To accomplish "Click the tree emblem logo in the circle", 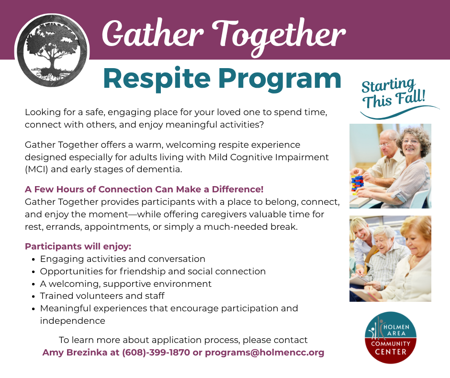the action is point(52,51).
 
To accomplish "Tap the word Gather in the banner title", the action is point(153,34).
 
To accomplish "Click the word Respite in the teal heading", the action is point(157,79).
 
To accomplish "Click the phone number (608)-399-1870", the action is point(156,353).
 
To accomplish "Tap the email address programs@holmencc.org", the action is point(265,353).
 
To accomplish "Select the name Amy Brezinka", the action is point(75,353).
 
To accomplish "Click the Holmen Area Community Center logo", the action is point(391,337).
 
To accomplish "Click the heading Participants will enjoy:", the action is point(78,247).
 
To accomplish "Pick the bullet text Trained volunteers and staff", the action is point(102,295).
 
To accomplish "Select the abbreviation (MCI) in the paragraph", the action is point(36,169).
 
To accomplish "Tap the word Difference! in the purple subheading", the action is point(237,189).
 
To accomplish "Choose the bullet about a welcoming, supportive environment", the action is point(126,283).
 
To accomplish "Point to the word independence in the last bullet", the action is point(73,321).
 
